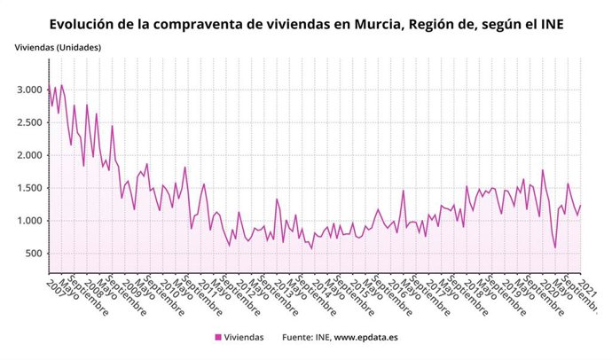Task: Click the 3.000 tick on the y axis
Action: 28,90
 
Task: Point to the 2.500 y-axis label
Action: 28,122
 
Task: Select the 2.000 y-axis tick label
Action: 28,155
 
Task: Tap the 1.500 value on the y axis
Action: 28,188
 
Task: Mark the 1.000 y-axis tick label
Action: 28,221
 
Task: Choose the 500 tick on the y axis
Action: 34,254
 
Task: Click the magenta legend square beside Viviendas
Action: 218,337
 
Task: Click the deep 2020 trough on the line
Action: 555,247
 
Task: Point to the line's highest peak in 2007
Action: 61,85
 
